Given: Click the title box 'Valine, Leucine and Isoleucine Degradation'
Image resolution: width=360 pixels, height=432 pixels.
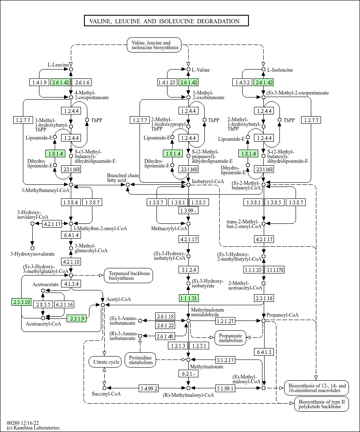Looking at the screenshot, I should tap(166, 21).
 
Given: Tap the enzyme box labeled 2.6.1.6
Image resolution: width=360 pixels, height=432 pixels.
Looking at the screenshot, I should tap(82, 82).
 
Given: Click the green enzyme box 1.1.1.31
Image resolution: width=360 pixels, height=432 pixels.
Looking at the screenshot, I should tap(188, 299).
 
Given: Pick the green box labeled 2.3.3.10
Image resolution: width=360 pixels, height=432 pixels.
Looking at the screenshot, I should tap(21, 302).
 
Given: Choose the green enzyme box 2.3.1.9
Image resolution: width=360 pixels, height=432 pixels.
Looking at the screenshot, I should tap(77, 318).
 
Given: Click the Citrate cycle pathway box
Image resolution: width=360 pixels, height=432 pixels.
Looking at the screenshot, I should tap(104, 362).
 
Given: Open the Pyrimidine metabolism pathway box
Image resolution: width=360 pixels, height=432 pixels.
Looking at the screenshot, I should tap(140, 360).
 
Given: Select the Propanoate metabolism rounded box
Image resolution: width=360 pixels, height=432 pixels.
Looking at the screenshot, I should tap(231, 337).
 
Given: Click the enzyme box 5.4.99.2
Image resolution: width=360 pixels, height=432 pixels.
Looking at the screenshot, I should tap(149, 388).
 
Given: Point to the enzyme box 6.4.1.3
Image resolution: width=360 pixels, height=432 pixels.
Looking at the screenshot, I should tap(264, 352).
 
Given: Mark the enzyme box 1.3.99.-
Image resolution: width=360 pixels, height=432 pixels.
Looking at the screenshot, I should tap(188, 211).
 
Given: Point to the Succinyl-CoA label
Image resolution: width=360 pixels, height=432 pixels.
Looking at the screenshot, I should tap(106, 394).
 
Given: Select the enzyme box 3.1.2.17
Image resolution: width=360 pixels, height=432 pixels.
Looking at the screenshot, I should tap(226, 360).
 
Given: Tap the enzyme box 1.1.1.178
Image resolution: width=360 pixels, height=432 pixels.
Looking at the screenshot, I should tap(274, 270).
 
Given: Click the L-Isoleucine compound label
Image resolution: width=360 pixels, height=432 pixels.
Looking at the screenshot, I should tap(278, 70).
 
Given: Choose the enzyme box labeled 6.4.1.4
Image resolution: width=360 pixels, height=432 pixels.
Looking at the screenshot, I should tap(71, 235).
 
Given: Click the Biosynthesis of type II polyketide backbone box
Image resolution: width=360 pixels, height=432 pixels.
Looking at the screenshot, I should tap(322, 404).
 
